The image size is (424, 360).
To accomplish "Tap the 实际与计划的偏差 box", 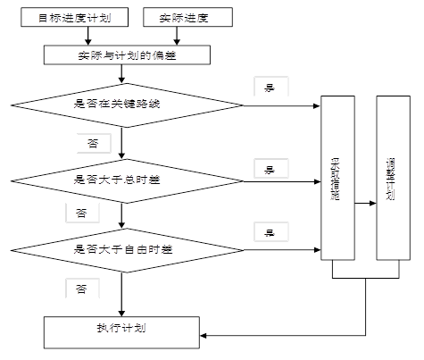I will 128,54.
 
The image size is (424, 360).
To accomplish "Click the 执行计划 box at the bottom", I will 121,330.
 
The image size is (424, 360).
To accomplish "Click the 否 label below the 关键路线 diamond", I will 93,142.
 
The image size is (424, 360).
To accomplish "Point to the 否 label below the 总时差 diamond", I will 81,213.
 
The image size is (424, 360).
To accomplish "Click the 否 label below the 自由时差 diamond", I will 81,289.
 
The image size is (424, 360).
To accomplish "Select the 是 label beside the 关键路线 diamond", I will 269,87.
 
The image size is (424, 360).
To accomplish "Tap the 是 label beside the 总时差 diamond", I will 269,167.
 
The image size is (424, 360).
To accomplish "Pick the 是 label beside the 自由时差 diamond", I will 269,231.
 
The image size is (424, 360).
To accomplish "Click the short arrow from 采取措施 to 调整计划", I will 365,203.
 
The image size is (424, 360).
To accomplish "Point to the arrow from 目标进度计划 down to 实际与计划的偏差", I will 87,36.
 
